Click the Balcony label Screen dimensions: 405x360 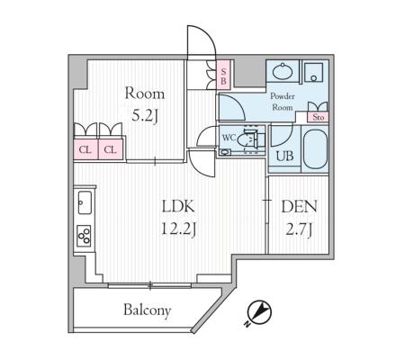(147, 310)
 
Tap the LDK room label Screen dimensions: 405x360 (178, 207)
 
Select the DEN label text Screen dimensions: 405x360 (299, 207)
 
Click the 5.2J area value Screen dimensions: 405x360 (145, 116)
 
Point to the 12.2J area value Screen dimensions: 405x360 (178, 230)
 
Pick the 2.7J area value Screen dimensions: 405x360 (299, 230)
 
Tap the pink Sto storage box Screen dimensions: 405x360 (318, 117)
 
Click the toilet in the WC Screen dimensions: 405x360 (249, 139)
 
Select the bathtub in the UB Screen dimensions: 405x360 (315, 149)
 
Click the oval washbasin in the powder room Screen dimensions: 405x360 (283, 71)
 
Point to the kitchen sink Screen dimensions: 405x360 (85, 202)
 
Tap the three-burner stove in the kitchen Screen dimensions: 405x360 (85, 236)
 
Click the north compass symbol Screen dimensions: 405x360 (260, 312)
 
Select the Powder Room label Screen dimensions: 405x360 (283, 102)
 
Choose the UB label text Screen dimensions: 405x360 (284, 156)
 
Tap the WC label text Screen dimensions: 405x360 (229, 138)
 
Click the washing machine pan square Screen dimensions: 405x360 (313, 72)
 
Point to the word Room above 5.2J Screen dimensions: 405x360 (145, 94)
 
